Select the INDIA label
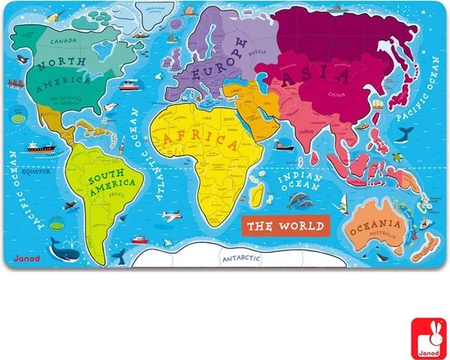307,131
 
